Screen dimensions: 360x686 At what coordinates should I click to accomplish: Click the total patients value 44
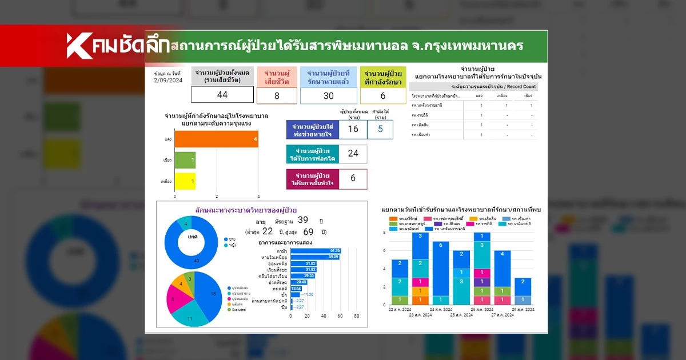point(222,95)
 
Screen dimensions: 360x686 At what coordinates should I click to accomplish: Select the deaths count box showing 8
point(277,95)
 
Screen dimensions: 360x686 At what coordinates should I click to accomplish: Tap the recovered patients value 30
point(328,95)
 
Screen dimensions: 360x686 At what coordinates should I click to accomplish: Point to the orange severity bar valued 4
point(216,139)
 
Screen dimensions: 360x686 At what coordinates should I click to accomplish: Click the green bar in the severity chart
point(185,160)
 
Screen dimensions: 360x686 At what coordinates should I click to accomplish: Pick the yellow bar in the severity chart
point(185,181)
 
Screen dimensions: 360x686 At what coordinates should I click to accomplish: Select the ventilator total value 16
point(353,129)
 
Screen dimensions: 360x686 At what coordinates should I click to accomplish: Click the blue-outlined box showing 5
point(380,129)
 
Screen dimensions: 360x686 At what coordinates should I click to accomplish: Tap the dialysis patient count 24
point(353,154)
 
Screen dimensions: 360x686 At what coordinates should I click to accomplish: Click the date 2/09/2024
point(168,81)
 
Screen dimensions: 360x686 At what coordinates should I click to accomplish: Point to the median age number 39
point(303,221)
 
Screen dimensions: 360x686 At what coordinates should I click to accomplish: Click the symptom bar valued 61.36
point(316,251)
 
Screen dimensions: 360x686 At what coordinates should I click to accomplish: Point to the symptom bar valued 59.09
point(315,257)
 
